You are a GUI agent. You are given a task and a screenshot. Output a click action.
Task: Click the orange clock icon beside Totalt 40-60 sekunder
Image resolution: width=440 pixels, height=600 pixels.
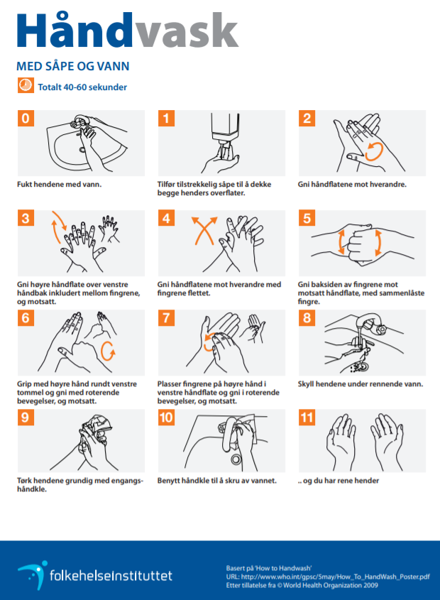click(26, 85)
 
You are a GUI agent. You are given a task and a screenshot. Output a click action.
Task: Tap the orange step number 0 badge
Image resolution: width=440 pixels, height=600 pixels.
click(26, 119)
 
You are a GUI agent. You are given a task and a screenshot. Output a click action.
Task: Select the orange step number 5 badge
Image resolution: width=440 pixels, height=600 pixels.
click(307, 218)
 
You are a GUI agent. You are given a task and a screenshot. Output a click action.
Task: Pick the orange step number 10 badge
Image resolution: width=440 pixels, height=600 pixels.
click(166, 418)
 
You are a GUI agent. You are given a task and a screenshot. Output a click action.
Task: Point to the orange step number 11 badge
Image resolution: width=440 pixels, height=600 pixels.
click(307, 418)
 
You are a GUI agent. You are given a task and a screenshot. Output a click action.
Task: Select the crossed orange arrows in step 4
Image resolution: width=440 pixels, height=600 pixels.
click(204, 230)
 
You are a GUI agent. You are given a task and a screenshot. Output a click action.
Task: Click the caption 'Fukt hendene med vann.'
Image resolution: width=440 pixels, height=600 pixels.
click(60, 185)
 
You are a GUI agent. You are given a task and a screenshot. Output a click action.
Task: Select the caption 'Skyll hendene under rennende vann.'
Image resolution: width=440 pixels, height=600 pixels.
click(361, 384)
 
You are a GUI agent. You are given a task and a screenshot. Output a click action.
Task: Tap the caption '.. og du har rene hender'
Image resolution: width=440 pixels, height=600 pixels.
click(339, 481)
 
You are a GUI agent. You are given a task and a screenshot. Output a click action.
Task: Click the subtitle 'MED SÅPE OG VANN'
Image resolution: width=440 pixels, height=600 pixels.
click(72, 66)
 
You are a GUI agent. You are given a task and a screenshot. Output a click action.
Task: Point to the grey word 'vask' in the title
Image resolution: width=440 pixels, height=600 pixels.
click(186, 31)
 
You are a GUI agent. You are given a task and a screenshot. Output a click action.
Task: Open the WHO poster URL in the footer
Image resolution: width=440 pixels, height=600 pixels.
click(328, 577)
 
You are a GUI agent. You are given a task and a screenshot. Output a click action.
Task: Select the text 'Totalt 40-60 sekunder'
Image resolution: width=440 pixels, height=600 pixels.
click(82, 87)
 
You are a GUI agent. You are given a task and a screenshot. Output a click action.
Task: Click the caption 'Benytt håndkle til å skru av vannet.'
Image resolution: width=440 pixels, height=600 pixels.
click(217, 481)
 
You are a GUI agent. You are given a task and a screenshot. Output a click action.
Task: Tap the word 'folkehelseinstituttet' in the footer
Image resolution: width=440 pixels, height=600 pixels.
click(111, 576)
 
